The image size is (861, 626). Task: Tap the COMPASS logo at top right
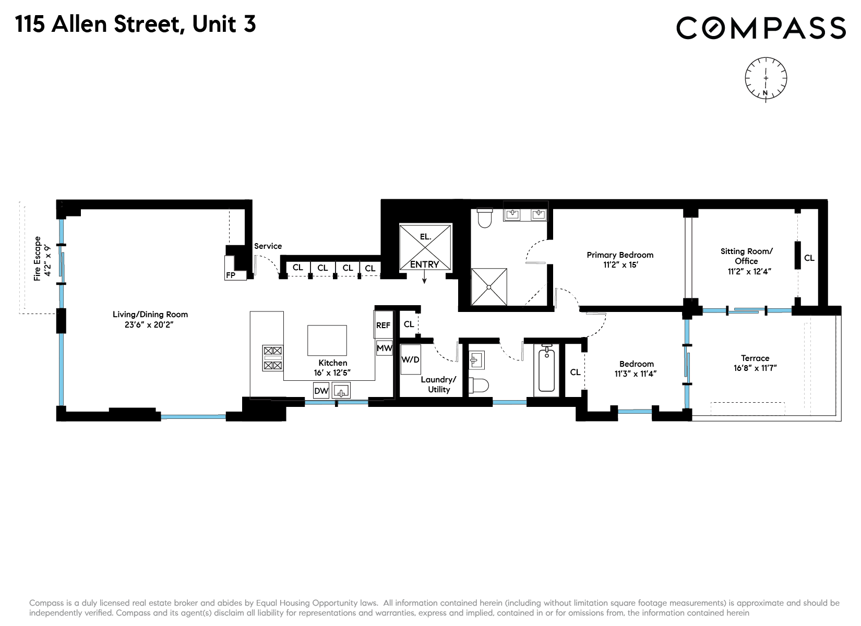[x=761, y=28]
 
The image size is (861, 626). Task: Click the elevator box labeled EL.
[x=425, y=247]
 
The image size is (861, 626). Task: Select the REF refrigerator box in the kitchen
[x=384, y=325]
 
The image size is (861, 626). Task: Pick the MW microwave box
[x=384, y=348]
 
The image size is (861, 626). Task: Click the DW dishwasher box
[x=321, y=391]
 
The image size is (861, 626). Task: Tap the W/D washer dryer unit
[x=411, y=359]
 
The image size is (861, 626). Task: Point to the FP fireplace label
[x=231, y=275]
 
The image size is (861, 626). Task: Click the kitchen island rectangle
[x=327, y=340]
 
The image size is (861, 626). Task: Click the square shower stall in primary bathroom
[x=489, y=286]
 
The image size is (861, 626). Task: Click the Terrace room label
[x=755, y=358]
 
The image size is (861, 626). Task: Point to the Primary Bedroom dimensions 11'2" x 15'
[x=620, y=264]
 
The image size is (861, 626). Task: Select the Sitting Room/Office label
[x=746, y=256]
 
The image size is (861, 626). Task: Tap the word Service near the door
[x=268, y=246]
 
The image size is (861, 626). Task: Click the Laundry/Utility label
[x=438, y=384]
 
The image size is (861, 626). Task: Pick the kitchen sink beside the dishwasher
[x=342, y=391]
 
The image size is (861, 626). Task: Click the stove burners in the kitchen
[x=273, y=358]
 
